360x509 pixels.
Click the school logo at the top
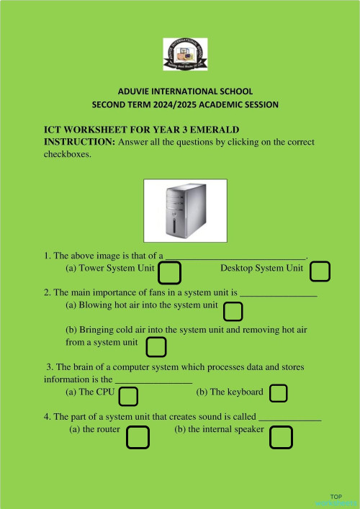184,55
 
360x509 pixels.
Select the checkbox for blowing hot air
233,311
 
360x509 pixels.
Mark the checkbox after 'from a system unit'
156,347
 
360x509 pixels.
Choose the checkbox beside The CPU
128,396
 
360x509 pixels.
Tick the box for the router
138,436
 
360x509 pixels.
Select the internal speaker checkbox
281,436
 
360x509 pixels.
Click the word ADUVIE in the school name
135,91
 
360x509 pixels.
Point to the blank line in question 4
289,418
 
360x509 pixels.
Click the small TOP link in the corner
336,497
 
